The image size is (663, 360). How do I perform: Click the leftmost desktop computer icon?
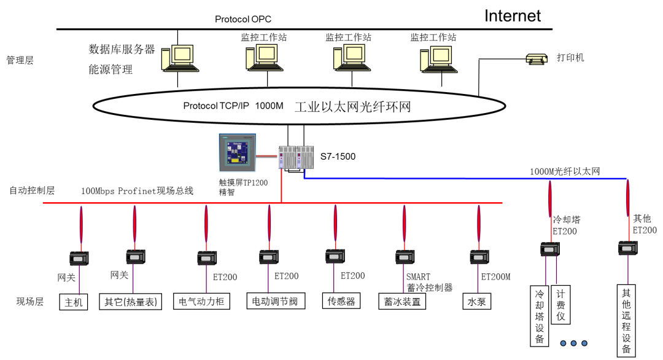tap(180, 58)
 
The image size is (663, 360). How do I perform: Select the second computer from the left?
tap(265, 57)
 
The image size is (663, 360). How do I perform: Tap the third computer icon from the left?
tap(352, 57)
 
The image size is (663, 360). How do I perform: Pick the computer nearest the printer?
tap(439, 59)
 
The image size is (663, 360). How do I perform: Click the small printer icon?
tap(537, 59)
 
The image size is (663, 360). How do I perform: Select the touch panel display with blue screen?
tap(237, 153)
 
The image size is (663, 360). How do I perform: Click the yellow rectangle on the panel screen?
tap(235, 160)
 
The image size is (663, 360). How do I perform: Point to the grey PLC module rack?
tap(296, 157)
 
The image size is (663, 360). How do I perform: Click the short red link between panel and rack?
tap(266, 155)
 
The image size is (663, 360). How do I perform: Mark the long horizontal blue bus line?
tap(467, 179)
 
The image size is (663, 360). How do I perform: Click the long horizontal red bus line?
tap(184, 203)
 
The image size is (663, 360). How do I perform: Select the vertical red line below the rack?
tap(281, 186)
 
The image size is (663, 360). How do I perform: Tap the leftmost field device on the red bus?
tap(79, 258)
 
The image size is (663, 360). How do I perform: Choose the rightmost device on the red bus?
tap(479, 257)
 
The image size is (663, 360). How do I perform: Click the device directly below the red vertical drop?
tap(268, 257)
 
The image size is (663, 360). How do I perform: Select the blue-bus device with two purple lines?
tap(549, 249)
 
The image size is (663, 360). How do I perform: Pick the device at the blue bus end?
tap(627, 248)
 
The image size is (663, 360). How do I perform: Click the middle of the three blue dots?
tap(573, 343)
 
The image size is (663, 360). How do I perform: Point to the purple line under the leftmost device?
tap(79, 281)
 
